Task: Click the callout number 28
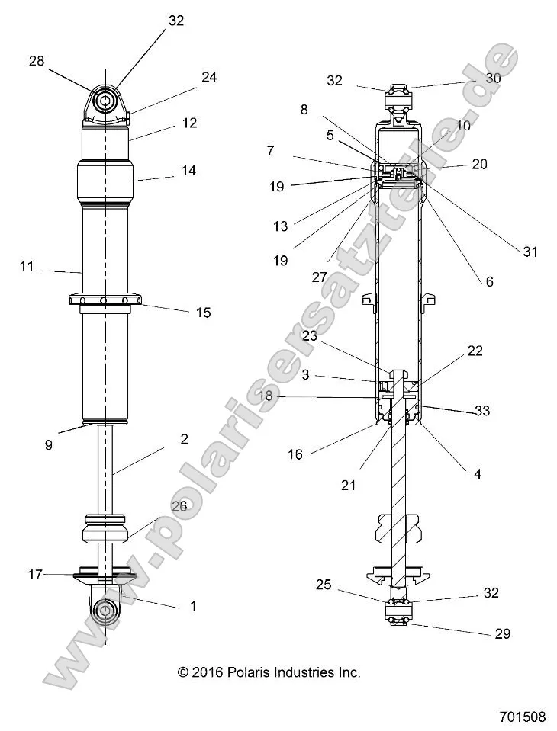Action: tap(37, 61)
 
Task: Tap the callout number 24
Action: tap(209, 77)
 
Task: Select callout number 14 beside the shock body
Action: tap(188, 171)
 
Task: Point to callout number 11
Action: tap(27, 266)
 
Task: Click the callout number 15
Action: tap(203, 313)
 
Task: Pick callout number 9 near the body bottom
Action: tap(49, 445)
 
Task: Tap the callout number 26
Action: tap(179, 505)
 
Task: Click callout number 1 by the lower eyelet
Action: tap(193, 606)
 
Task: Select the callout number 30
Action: tap(493, 78)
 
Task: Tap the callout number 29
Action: tap(501, 633)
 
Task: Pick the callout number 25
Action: tap(324, 585)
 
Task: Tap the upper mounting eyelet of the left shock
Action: tap(105, 101)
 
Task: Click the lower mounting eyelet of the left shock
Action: tap(105, 610)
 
